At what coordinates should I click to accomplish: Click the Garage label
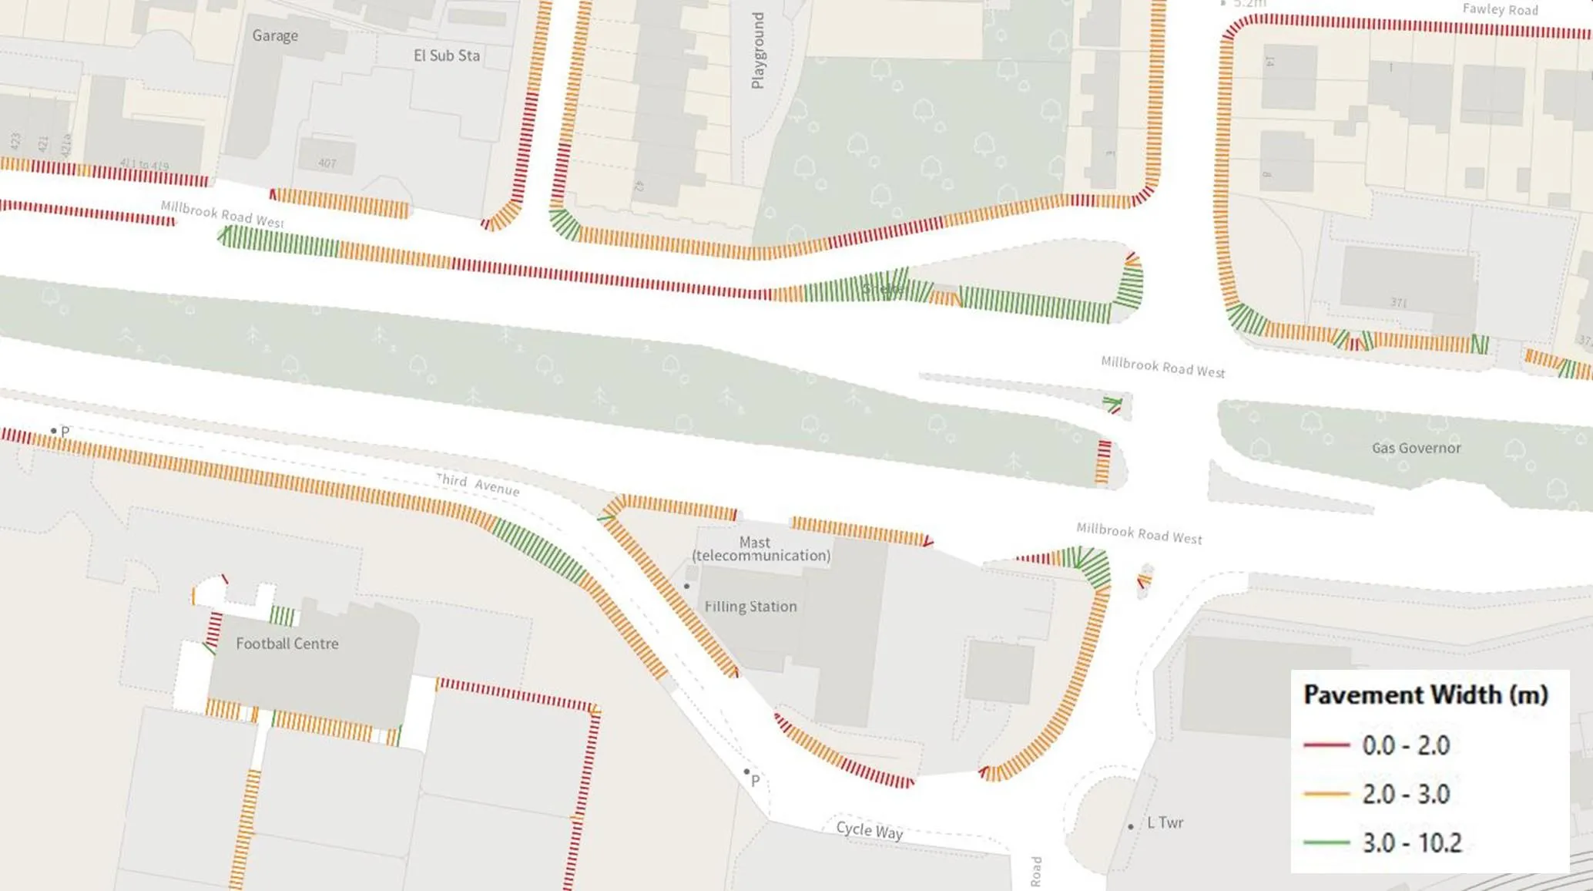275,35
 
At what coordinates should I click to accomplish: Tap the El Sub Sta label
447,55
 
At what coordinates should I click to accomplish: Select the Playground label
758,51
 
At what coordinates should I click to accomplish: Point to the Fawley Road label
1500,10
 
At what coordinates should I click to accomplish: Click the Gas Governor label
1416,448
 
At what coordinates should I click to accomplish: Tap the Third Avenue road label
478,484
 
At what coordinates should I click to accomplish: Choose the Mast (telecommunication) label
761,549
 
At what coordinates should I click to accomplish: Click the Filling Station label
750,607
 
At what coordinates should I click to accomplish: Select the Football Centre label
287,644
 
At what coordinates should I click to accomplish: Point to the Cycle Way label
869,830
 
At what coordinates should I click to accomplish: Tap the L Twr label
1165,822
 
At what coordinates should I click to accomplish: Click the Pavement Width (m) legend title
1425,694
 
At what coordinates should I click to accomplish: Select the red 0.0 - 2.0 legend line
1326,745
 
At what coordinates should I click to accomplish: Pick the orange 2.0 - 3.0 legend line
1326,794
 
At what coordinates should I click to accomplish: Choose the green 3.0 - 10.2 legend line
1326,842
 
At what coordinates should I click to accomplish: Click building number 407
327,163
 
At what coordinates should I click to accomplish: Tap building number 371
1398,303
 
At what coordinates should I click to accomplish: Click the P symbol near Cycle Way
755,781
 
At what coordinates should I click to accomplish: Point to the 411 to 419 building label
144,164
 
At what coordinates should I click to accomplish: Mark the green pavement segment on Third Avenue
539,551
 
